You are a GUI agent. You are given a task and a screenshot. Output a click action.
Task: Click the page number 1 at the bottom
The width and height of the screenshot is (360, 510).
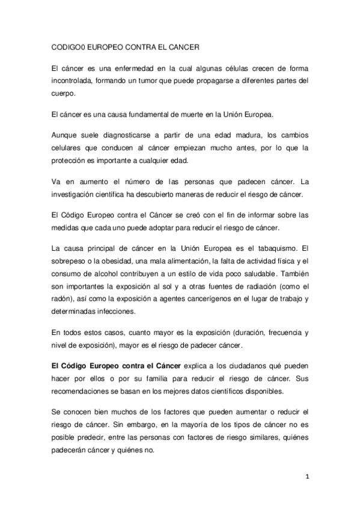coord(307,476)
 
